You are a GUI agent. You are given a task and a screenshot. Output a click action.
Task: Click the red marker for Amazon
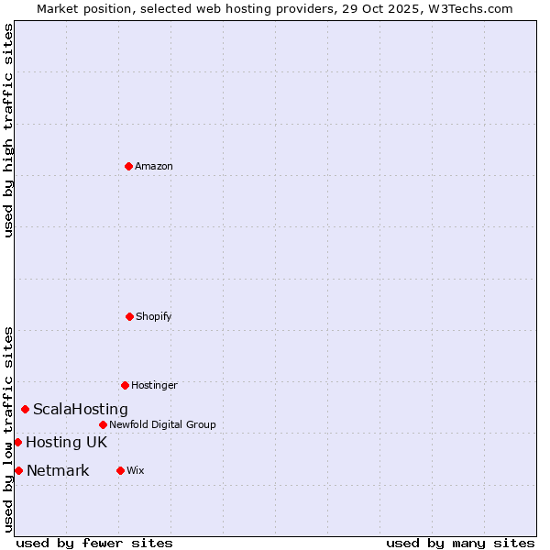click(129, 166)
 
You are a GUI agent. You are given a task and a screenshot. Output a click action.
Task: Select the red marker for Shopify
click(129, 316)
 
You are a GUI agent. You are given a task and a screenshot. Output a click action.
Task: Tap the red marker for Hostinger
click(125, 385)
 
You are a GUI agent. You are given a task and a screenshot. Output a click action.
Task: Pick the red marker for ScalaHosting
click(25, 409)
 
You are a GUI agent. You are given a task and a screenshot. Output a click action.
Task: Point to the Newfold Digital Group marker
click(103, 424)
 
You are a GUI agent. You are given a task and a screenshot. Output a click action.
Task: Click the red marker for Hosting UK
click(17, 442)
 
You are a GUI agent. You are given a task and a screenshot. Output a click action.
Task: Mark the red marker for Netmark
click(18, 470)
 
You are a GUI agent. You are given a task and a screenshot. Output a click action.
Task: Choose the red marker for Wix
click(120, 470)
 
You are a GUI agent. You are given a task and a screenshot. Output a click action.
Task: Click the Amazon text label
click(154, 166)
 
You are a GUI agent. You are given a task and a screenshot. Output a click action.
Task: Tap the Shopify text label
click(154, 316)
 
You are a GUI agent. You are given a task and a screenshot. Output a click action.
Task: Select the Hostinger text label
click(154, 385)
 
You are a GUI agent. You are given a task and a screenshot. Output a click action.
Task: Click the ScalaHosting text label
click(81, 410)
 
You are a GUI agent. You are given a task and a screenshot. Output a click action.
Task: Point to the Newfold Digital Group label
click(162, 424)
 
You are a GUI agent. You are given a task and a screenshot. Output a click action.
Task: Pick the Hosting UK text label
click(66, 443)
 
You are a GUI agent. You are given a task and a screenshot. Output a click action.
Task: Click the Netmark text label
click(58, 471)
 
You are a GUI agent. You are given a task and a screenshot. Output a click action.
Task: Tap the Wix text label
click(136, 470)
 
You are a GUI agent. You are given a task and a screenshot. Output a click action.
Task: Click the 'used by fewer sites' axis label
click(94, 543)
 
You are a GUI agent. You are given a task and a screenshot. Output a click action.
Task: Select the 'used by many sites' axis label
click(460, 543)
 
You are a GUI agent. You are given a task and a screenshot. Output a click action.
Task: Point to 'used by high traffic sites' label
click(8, 130)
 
